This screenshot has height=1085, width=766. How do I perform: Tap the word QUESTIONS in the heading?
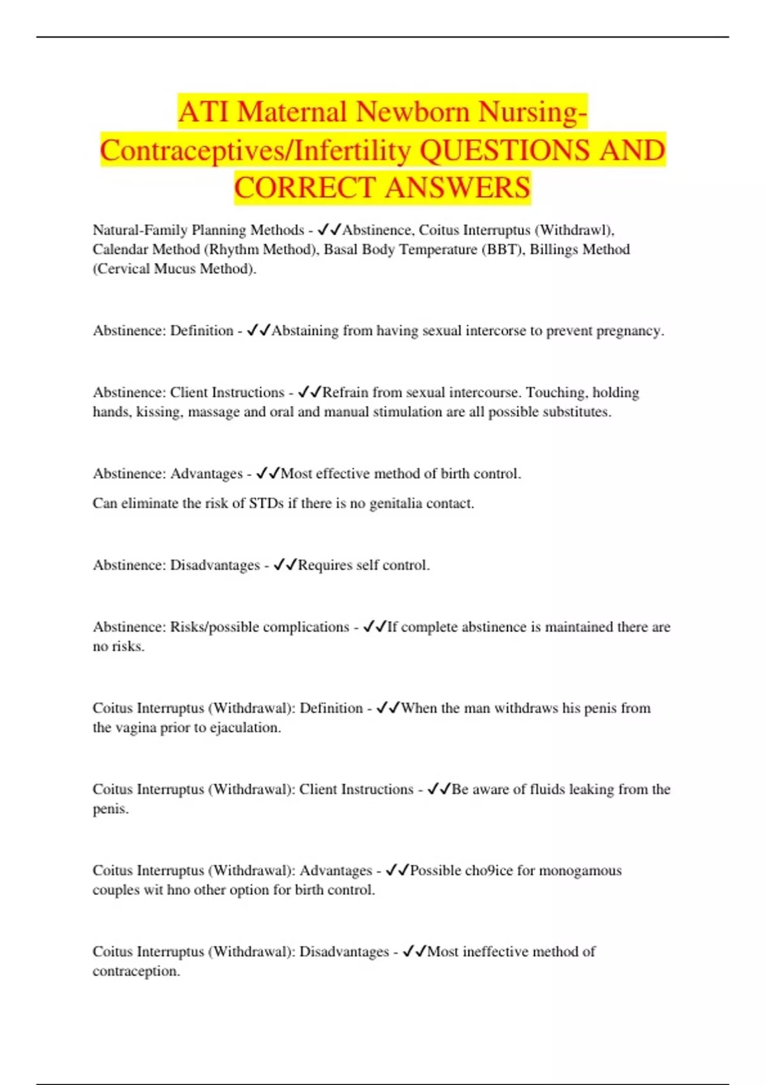(x=504, y=151)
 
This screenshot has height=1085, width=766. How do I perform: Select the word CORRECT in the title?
(x=305, y=188)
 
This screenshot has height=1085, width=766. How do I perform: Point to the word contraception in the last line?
(x=135, y=971)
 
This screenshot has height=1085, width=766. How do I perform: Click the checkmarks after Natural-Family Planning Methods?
(x=329, y=230)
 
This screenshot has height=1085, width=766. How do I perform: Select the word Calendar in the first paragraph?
(x=121, y=250)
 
